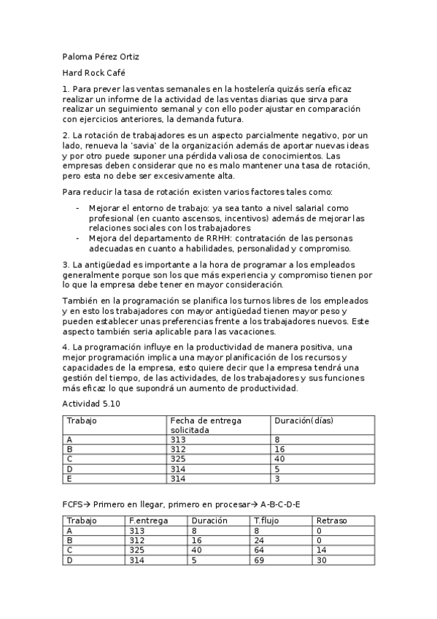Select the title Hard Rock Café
click(94, 73)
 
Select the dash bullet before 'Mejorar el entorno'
click(78, 208)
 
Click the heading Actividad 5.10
click(91, 404)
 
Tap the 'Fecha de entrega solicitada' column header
click(205, 426)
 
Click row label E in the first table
click(69, 479)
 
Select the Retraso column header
click(332, 520)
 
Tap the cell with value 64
click(260, 550)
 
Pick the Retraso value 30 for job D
click(322, 561)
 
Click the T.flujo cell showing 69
click(260, 561)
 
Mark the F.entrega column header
click(148, 520)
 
